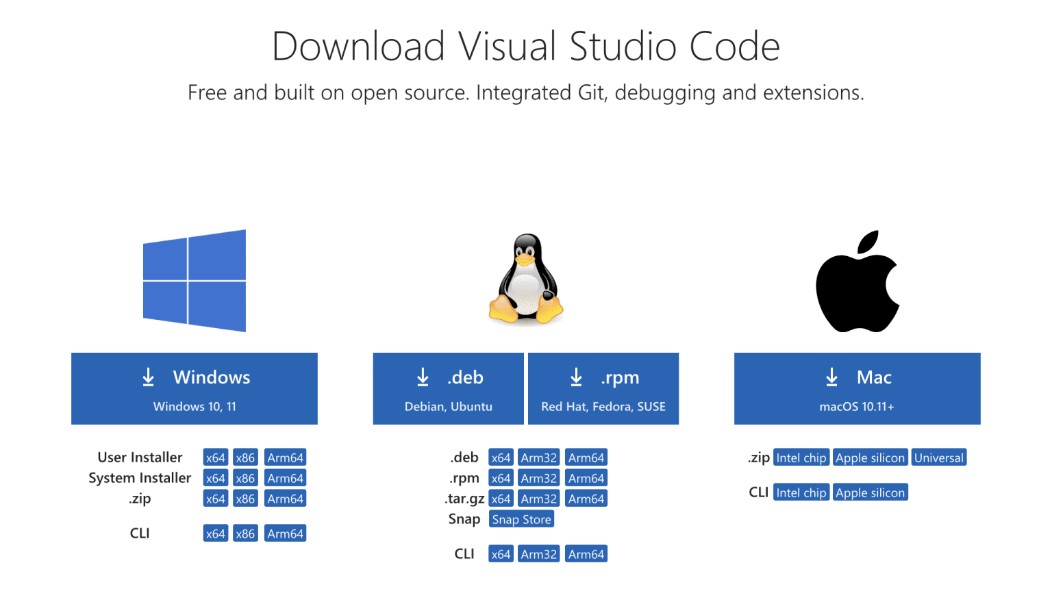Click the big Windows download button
(x=194, y=388)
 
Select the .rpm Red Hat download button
(x=603, y=388)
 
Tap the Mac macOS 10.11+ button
(x=857, y=388)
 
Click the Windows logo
(x=195, y=280)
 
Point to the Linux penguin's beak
(x=525, y=261)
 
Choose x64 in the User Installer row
(x=215, y=458)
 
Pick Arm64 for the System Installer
(x=285, y=478)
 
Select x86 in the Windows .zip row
(x=245, y=499)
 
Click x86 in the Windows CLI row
(x=245, y=534)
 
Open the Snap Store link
(x=521, y=519)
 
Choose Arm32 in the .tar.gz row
(x=538, y=499)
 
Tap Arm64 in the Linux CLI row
(x=586, y=554)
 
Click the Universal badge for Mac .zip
(x=938, y=458)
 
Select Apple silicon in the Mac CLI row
(x=870, y=492)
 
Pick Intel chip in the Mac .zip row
(x=801, y=458)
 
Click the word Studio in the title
(x=623, y=47)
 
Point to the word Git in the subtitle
(x=590, y=92)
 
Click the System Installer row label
(x=140, y=478)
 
